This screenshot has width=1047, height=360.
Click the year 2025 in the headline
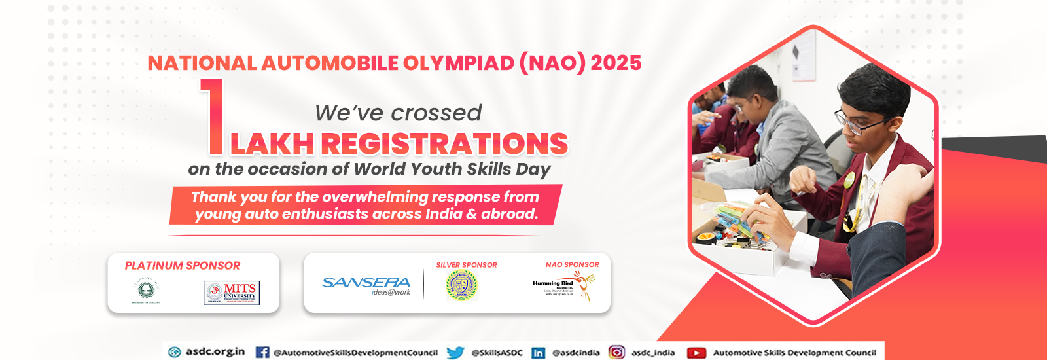point(616,63)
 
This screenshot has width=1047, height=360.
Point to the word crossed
point(444,113)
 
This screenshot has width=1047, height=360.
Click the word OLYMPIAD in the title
point(458,63)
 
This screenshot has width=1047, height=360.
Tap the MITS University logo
point(232,293)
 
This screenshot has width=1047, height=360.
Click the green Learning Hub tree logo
point(147,291)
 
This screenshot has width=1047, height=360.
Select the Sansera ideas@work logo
point(366,285)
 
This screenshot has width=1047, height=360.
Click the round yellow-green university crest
point(461,285)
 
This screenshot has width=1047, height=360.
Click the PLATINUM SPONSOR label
point(183,266)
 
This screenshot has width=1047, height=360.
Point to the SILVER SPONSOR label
point(467,265)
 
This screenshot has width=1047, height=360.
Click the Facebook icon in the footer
point(262,352)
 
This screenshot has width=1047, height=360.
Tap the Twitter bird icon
point(455,352)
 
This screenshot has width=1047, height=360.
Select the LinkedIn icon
point(538,352)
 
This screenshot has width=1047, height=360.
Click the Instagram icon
point(616,352)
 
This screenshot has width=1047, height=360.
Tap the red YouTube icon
point(696,353)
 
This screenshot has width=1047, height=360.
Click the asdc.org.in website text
point(215,351)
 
